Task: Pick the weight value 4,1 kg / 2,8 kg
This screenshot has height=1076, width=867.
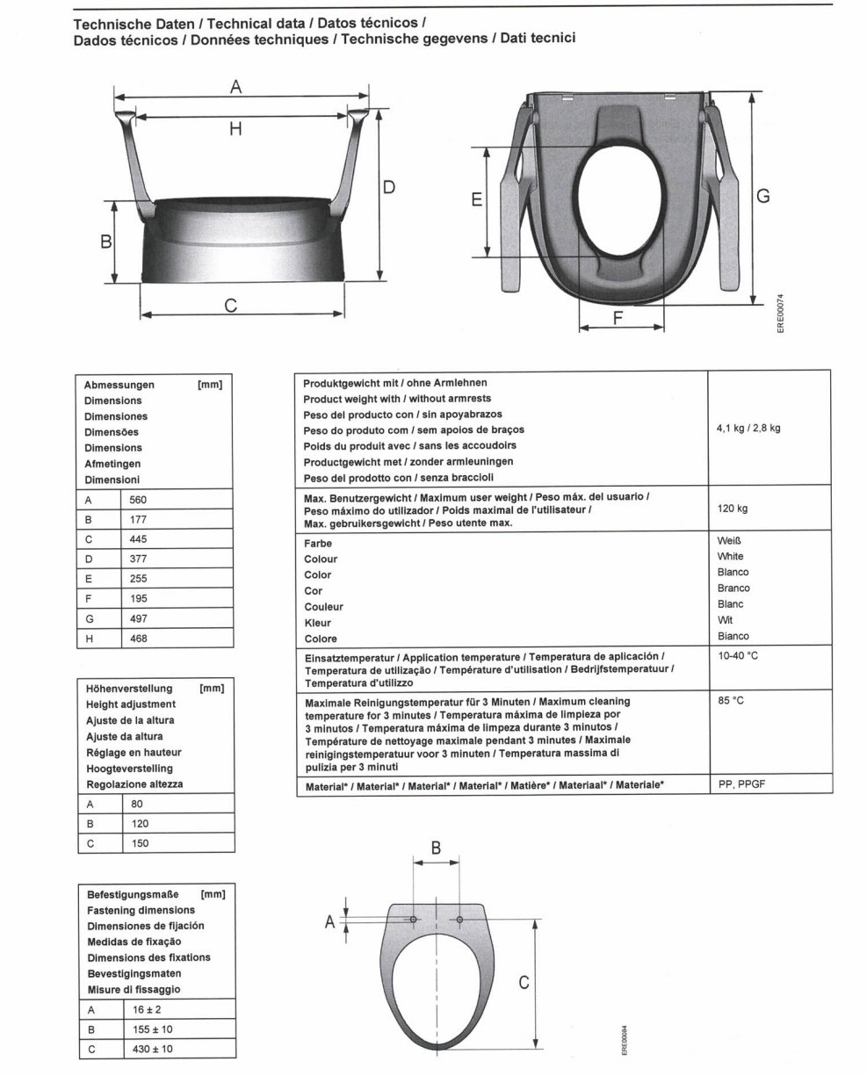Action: pos(748,429)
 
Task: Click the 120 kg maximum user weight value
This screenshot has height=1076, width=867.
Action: pos(733,509)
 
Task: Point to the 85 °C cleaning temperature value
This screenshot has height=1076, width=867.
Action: pos(731,702)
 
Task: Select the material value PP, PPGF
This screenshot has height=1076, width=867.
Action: pos(741,784)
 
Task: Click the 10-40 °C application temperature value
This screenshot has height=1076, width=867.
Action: pos(738,656)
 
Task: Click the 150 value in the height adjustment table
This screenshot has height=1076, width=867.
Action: pos(140,843)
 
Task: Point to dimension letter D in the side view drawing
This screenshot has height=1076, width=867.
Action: pos(388,187)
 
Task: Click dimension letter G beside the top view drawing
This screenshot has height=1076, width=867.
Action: pos(763,197)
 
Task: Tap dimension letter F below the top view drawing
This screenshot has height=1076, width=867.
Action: pos(618,319)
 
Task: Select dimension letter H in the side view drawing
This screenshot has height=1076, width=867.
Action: pos(235,129)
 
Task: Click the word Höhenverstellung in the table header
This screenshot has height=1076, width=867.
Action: pos(129,689)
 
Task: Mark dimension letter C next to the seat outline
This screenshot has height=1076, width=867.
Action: pos(523,983)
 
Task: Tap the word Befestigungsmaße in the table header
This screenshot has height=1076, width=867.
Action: pos(133,894)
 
